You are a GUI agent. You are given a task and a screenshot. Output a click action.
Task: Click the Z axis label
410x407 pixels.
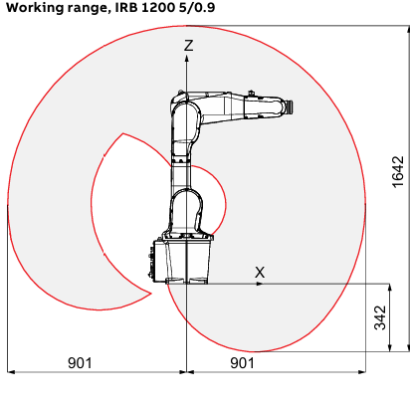click(188, 46)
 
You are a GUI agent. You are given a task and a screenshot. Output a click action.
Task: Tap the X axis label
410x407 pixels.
click(260, 273)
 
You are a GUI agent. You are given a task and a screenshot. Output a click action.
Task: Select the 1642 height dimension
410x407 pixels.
click(398, 172)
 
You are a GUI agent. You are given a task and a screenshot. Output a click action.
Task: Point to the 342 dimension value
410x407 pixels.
click(380, 317)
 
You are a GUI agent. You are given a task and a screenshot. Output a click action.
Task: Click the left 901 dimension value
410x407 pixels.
click(80, 363)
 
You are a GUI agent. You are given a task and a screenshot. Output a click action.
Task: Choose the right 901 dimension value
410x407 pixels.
click(242, 363)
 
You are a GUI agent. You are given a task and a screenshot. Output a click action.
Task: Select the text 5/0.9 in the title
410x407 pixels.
click(197, 7)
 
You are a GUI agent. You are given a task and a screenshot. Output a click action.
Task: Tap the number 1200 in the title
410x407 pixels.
click(158, 7)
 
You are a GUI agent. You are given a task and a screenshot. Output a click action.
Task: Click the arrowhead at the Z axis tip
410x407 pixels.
click(187, 59)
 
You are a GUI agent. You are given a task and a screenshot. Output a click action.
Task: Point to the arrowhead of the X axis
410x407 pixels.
click(261, 284)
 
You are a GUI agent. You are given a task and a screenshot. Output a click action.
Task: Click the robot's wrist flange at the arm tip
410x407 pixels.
click(290, 107)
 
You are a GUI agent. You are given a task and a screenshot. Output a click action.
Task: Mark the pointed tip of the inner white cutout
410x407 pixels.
click(123, 133)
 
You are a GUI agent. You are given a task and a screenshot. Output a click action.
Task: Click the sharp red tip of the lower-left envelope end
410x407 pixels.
click(151, 294)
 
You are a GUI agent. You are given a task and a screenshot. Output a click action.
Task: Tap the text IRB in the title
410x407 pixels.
click(126, 7)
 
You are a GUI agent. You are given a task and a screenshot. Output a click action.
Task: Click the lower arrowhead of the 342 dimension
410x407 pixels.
click(390, 348)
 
